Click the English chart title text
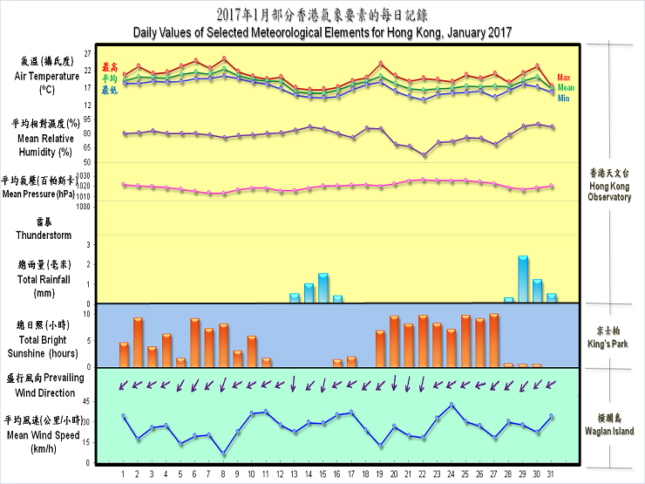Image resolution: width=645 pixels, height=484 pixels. click(322, 32)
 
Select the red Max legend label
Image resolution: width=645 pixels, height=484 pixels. click(564, 78)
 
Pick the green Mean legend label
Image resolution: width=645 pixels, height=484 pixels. click(567, 88)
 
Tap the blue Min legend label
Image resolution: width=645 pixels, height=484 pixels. click(564, 99)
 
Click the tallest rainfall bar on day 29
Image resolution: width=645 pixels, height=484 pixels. click(523, 279)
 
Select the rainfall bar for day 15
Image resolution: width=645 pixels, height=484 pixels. click(323, 288)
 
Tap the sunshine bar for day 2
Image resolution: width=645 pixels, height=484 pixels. click(138, 343)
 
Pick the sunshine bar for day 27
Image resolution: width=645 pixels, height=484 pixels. click(494, 341)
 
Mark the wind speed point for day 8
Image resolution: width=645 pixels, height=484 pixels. click(223, 453)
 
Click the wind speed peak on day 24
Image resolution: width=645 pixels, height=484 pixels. click(451, 405)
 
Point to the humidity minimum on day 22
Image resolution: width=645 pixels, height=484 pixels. click(424, 155)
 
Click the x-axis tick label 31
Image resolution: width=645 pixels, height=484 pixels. click(550, 474)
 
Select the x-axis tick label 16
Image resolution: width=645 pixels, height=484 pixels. click(337, 474)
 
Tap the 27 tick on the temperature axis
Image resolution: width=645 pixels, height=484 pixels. click(87, 53)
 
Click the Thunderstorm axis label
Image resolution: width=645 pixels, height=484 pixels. click(43, 235)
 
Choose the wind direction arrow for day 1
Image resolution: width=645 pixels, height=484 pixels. click(124, 384)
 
